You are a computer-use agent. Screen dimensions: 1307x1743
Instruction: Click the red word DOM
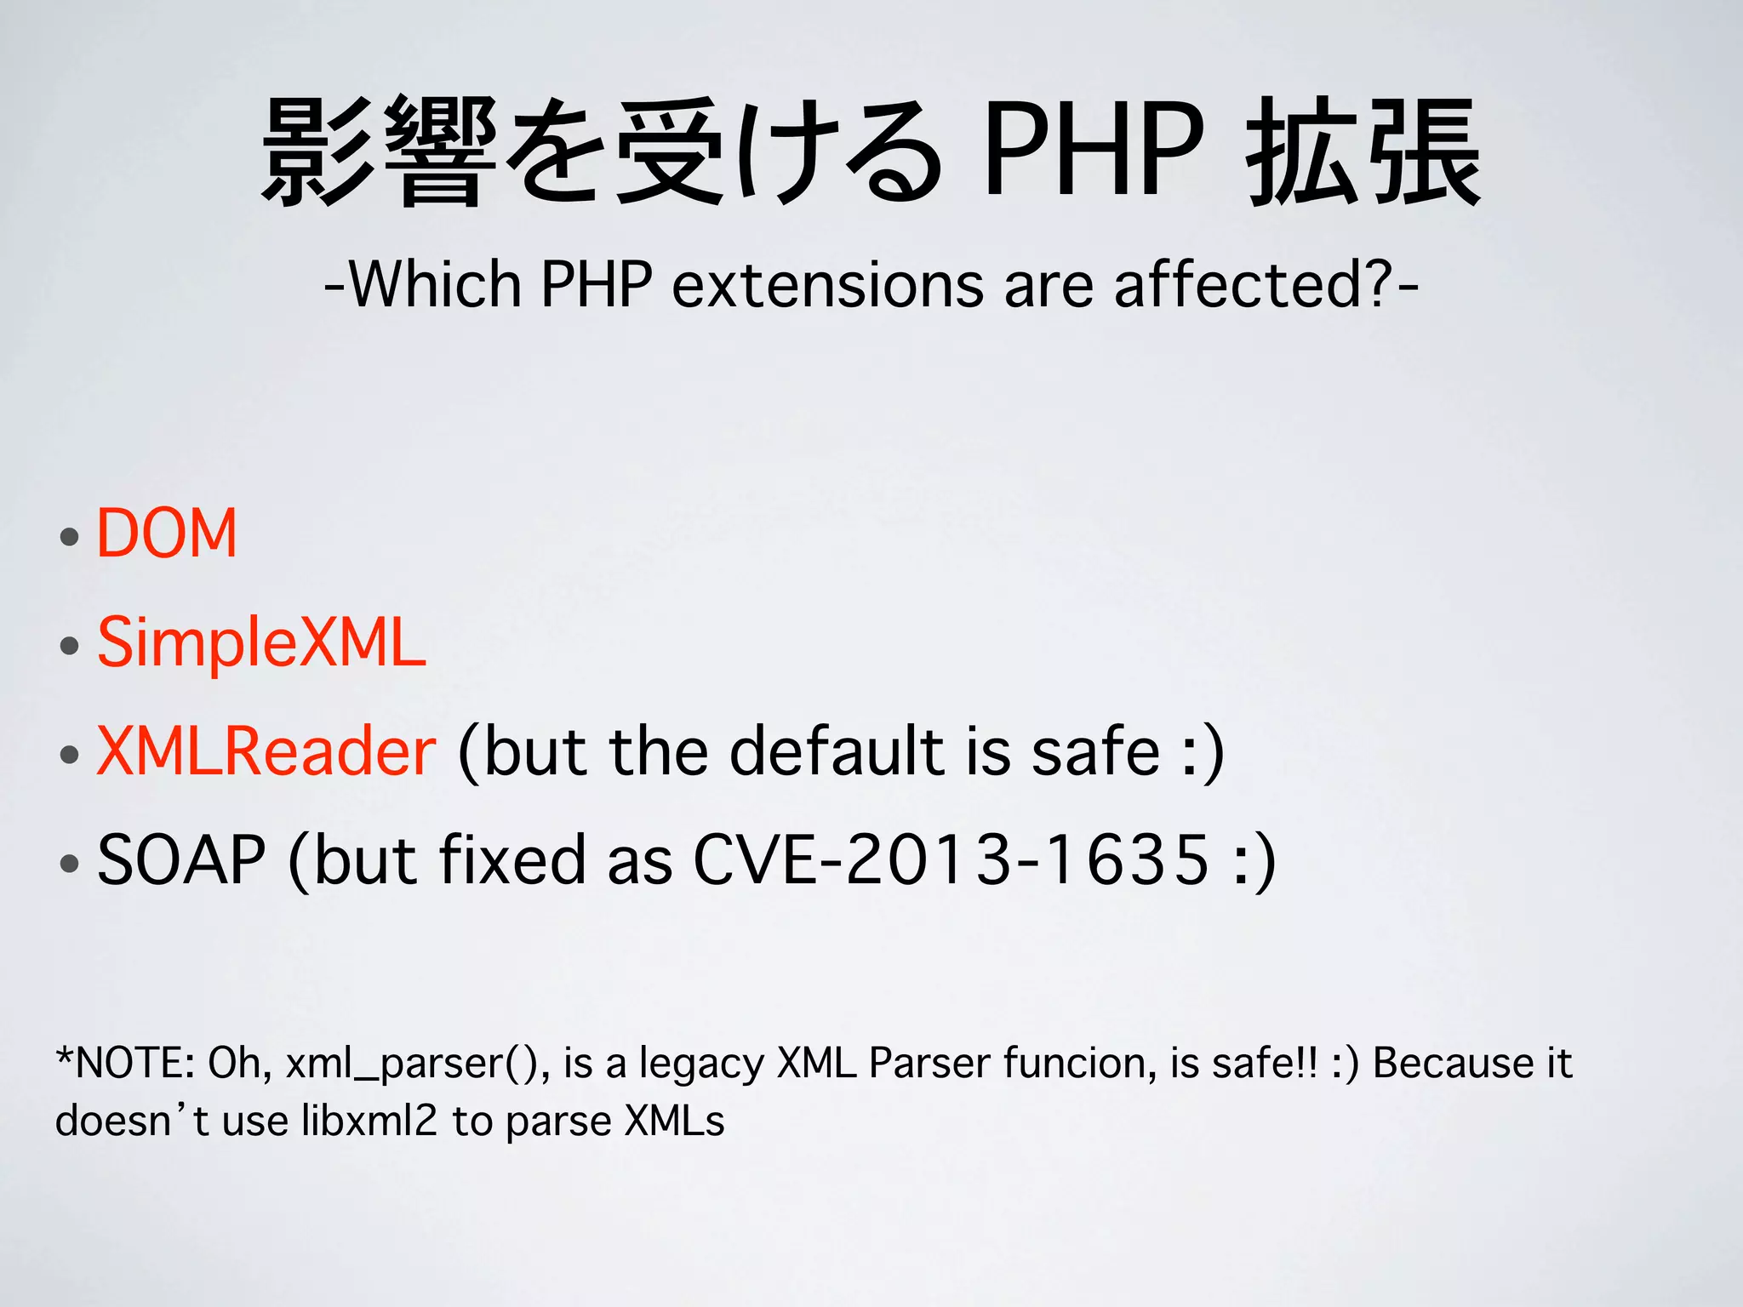pyautogui.click(x=167, y=534)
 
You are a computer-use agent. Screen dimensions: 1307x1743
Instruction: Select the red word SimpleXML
pyautogui.click(x=261, y=642)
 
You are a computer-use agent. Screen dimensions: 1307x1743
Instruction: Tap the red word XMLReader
pyautogui.click(x=266, y=751)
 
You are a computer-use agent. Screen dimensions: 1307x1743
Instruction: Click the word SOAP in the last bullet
pyautogui.click(x=181, y=860)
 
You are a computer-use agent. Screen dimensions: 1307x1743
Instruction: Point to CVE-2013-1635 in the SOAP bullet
pyautogui.click(x=952, y=860)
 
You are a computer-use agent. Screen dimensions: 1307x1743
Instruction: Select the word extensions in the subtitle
pyautogui.click(x=827, y=285)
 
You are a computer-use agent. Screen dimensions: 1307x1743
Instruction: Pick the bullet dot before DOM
pyautogui.click(x=70, y=538)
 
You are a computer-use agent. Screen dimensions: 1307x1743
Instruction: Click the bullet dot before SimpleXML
pyautogui.click(x=70, y=646)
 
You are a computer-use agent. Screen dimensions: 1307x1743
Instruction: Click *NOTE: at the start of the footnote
pyautogui.click(x=126, y=1064)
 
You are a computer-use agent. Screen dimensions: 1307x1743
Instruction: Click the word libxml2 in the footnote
pyautogui.click(x=369, y=1122)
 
